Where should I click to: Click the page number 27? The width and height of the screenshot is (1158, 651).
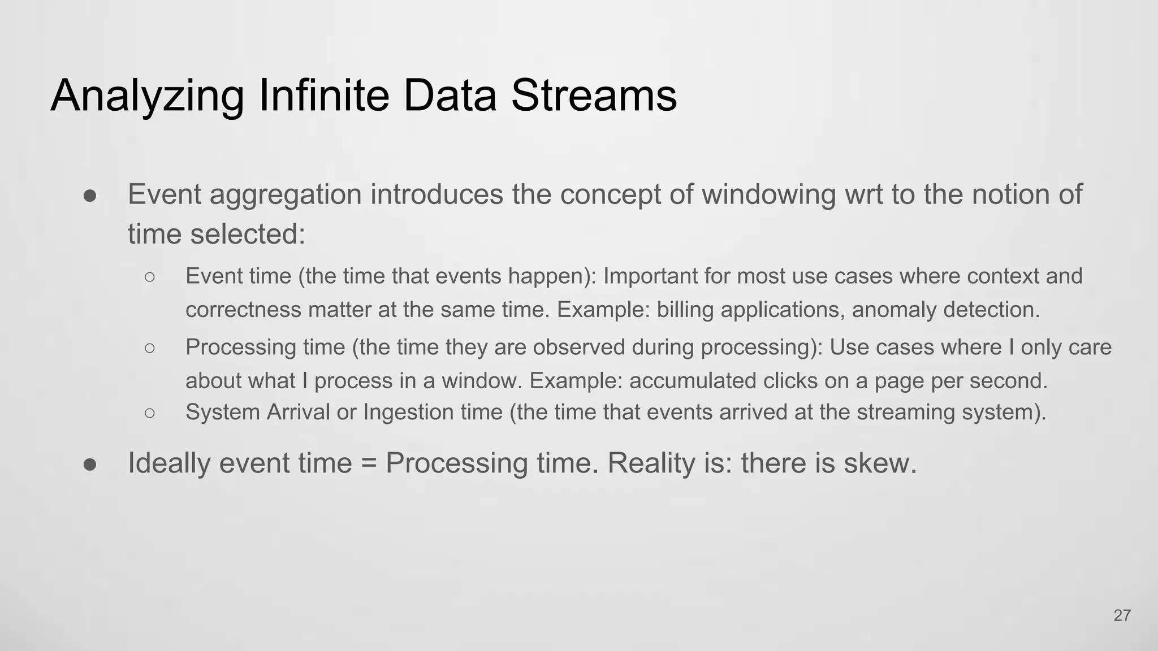point(1122,615)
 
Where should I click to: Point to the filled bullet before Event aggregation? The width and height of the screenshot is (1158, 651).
point(90,196)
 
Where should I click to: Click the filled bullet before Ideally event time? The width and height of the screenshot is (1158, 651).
point(90,464)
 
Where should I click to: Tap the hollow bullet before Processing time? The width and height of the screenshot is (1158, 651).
point(149,348)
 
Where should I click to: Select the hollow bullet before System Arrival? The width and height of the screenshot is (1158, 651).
point(149,413)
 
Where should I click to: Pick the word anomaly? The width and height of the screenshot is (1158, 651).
point(894,310)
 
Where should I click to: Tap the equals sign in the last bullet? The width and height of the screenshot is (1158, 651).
point(369,464)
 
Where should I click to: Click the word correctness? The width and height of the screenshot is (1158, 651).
point(243,310)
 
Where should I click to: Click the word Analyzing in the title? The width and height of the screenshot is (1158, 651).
point(148,96)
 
